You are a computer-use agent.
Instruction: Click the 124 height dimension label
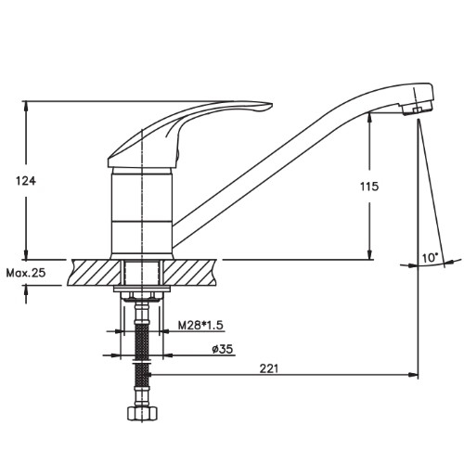tap(26, 181)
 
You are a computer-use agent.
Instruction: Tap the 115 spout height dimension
tap(369, 187)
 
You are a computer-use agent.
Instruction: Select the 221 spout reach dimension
tap(269, 368)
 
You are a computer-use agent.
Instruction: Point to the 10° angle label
tap(431, 257)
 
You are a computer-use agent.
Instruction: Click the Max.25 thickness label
tap(26, 273)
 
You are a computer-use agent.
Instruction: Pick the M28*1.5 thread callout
tap(200, 325)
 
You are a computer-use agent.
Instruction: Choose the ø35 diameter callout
tap(223, 349)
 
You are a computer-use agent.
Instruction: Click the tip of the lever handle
tap(271, 105)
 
